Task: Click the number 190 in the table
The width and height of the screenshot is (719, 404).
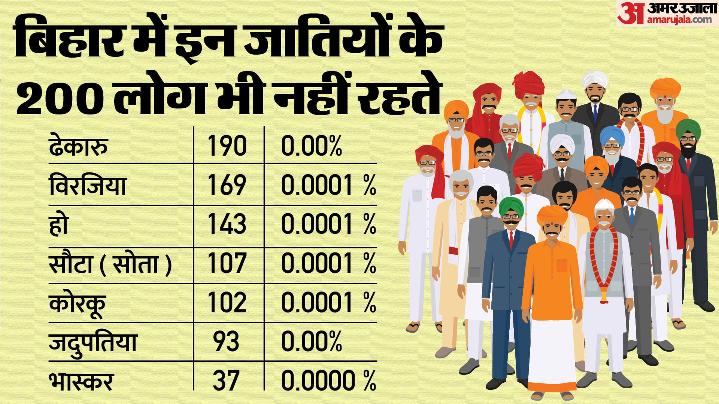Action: pyautogui.click(x=227, y=146)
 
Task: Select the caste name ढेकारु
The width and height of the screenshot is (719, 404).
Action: pyautogui.click(x=78, y=146)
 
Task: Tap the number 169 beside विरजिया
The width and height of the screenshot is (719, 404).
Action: pyautogui.click(x=227, y=185)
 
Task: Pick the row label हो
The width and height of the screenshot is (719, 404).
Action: pyautogui.click(x=59, y=224)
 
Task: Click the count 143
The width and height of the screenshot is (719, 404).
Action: pyautogui.click(x=227, y=224)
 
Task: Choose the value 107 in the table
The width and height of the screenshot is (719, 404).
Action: pyautogui.click(x=227, y=263)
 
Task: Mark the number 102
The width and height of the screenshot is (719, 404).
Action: pyautogui.click(x=227, y=302)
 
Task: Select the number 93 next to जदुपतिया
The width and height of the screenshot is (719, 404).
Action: pyautogui.click(x=226, y=342)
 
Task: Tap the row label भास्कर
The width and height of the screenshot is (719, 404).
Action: pyautogui.click(x=81, y=381)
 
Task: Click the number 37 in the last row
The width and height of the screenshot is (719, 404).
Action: pyautogui.click(x=226, y=381)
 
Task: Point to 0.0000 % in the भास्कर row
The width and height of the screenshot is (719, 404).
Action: pyautogui.click(x=328, y=381)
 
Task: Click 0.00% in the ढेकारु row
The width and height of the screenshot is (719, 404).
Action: pyautogui.click(x=312, y=146)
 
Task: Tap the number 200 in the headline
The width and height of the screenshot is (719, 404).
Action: pyautogui.click(x=60, y=98)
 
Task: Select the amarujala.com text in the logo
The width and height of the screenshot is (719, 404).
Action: pyautogui.click(x=679, y=20)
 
